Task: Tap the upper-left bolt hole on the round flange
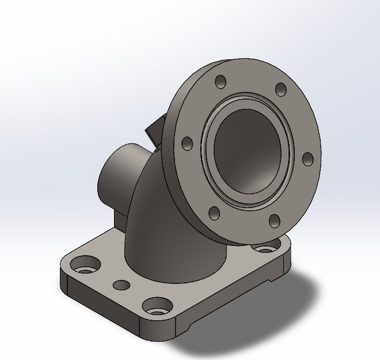(219, 82)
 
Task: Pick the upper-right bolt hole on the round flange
(281, 89)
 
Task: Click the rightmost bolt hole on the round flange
(307, 158)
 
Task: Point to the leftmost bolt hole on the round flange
(187, 144)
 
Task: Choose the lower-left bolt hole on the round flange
(215, 214)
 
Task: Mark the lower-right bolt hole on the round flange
(275, 221)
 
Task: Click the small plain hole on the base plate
(121, 285)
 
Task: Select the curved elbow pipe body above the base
(153, 230)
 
